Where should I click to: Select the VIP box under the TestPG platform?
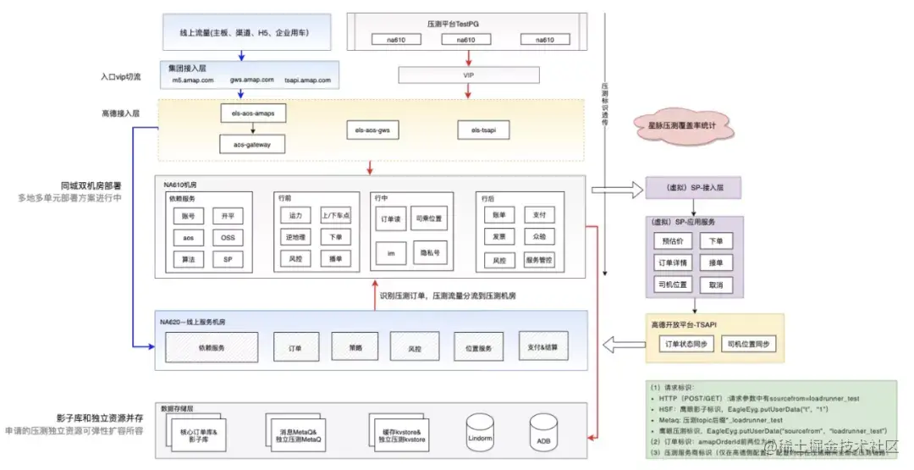click(468, 75)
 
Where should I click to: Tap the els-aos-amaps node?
click(253, 113)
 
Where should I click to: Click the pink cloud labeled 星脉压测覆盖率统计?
click(683, 126)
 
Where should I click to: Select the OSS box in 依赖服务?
click(228, 238)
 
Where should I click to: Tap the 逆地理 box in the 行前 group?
click(295, 238)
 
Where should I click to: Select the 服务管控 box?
click(539, 260)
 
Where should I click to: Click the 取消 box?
click(715, 285)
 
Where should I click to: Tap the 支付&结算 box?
click(543, 347)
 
